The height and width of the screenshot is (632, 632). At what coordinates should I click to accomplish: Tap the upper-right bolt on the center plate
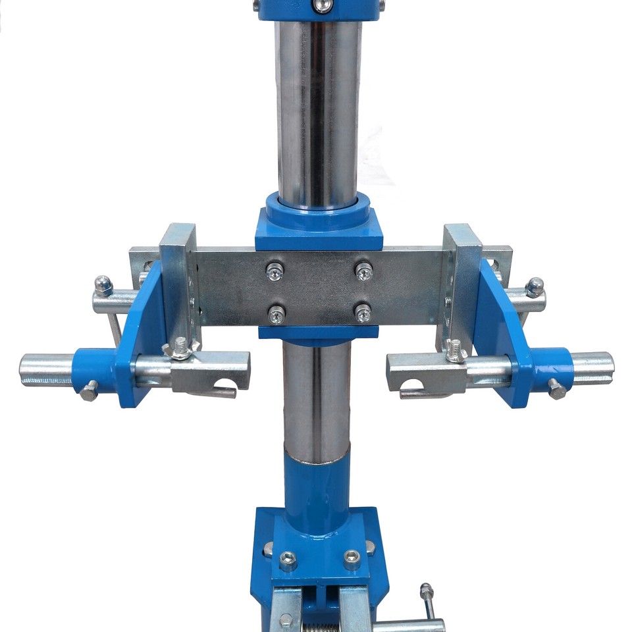[x=363, y=270]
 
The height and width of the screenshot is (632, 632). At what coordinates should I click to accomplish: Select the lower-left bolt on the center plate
[x=277, y=314]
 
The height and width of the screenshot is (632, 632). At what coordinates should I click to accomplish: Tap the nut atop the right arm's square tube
[x=455, y=350]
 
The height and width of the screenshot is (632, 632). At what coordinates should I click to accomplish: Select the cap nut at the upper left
[x=103, y=285]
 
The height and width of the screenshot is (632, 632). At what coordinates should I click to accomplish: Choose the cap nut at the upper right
[x=535, y=286]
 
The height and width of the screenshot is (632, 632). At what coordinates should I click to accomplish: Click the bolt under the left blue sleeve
[x=89, y=391]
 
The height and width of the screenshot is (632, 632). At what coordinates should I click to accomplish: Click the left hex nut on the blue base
[x=288, y=560]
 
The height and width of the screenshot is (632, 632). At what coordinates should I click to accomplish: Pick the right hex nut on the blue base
[x=352, y=560]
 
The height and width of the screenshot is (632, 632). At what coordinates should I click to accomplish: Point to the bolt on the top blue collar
[x=322, y=6]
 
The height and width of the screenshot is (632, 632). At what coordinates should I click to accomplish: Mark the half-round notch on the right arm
[x=412, y=384]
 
